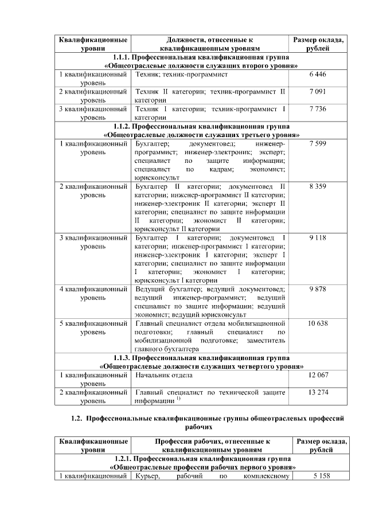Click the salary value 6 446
point(318,75)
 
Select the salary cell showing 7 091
point(318,92)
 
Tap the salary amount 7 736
point(318,108)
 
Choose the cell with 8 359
point(318,187)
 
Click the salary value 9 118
point(318,237)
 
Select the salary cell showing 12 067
point(318,375)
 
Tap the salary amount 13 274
point(318,392)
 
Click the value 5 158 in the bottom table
point(318,477)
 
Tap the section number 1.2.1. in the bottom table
point(126,459)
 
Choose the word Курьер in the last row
point(146,477)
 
